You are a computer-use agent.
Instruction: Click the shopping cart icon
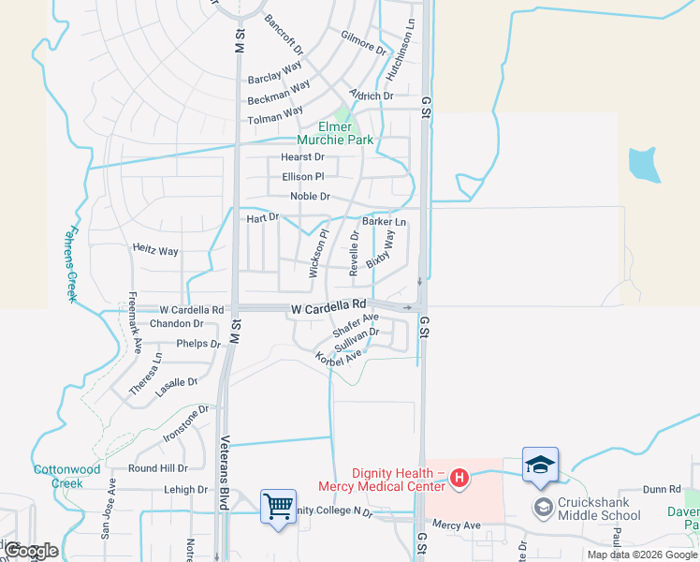tap(279, 507)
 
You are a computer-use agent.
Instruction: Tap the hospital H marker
tap(459, 479)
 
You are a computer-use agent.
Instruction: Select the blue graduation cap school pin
tap(540, 465)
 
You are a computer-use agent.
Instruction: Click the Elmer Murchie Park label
tap(335, 133)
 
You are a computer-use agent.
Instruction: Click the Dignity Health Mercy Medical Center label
tap(380, 479)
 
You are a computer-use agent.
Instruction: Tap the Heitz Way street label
tap(155, 251)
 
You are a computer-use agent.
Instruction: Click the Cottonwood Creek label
tap(66, 476)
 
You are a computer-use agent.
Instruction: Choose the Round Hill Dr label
tap(157, 468)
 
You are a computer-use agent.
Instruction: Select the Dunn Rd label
tap(662, 489)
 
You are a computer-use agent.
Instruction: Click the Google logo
tap(31, 551)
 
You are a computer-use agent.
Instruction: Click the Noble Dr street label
tap(310, 197)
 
